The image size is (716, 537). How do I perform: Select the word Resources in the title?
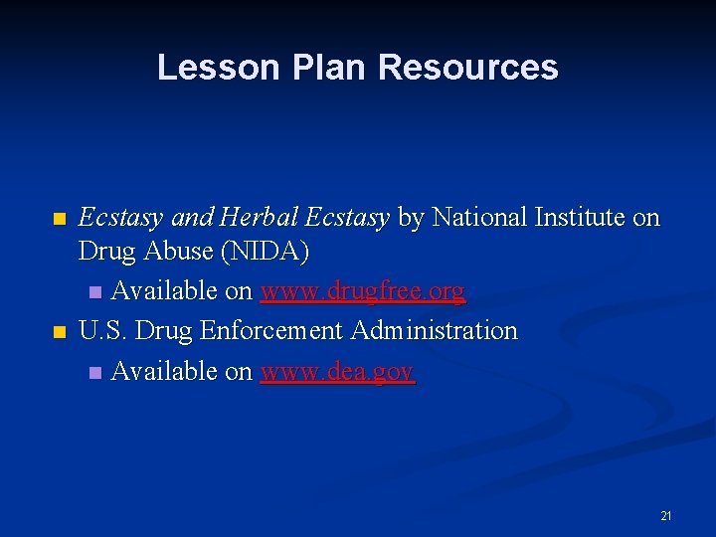pos(467,68)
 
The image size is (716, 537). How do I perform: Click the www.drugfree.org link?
pos(362,291)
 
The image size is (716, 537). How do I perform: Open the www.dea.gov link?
pos(337,371)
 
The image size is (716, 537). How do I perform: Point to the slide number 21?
pos(666,516)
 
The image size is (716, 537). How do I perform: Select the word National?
pos(478,218)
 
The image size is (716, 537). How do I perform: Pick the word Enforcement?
pos(277,330)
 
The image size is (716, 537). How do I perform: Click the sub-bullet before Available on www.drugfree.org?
pos(94,292)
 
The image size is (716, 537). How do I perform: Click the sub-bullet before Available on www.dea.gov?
pos(94,372)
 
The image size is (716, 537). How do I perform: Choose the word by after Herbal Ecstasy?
pos(410,218)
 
